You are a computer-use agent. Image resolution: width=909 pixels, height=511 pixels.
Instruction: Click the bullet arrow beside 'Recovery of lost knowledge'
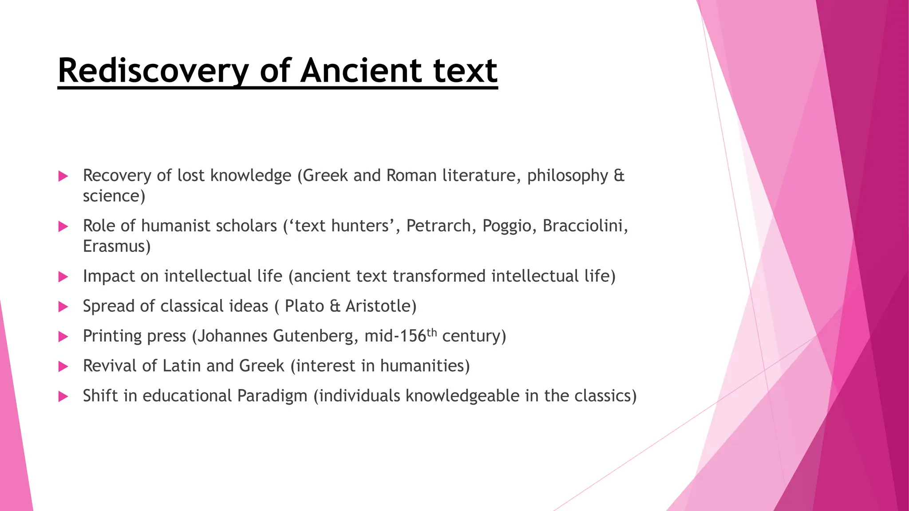point(63,176)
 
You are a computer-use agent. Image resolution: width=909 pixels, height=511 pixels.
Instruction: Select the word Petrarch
point(439,226)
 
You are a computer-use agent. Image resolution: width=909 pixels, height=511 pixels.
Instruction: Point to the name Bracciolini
point(585,226)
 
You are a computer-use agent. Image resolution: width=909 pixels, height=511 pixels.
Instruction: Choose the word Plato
point(304,306)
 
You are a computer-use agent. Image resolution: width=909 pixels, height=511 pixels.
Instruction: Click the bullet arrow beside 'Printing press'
point(63,337)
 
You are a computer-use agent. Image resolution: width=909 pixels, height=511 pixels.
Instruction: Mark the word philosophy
point(567,176)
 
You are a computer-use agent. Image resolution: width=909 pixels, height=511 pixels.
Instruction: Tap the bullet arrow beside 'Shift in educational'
point(63,397)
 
